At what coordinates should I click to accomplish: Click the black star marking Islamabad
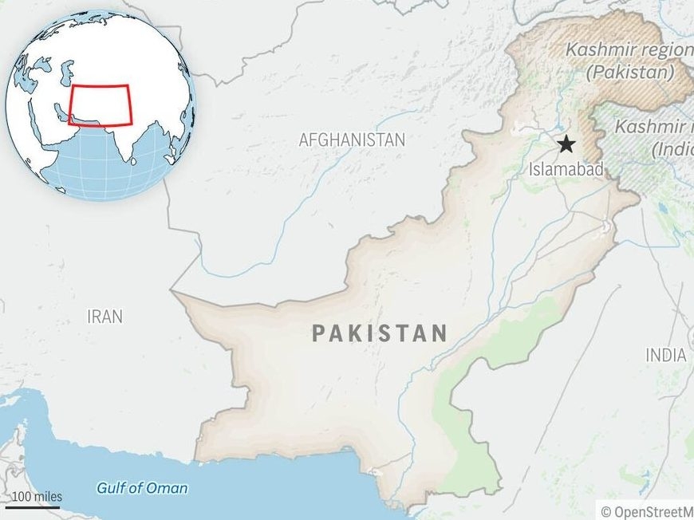click(x=566, y=144)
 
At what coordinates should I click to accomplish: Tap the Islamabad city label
click(x=566, y=169)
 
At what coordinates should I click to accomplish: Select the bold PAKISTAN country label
click(x=379, y=333)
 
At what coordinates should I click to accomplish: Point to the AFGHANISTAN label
click(x=352, y=140)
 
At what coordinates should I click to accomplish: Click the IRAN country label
click(x=105, y=317)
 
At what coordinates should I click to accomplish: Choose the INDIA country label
click(x=666, y=355)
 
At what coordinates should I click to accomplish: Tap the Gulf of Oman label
click(x=143, y=488)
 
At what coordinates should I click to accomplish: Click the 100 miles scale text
click(x=36, y=496)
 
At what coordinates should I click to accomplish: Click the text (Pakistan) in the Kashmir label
click(x=629, y=72)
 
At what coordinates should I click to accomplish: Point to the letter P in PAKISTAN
click(x=319, y=333)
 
